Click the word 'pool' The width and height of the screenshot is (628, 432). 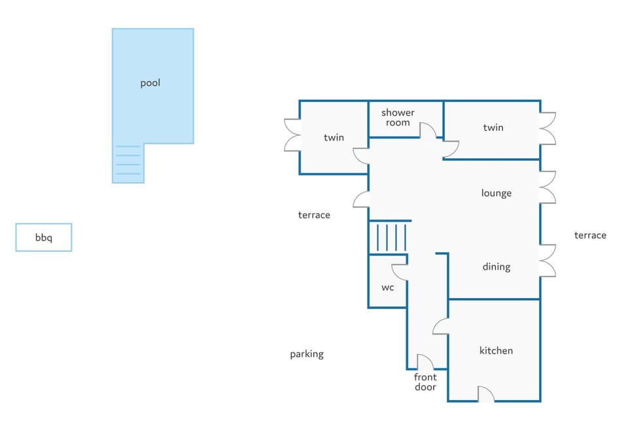click(150, 83)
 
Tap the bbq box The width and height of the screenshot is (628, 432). click(44, 237)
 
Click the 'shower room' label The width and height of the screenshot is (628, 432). click(398, 118)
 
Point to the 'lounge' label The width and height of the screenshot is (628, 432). click(497, 193)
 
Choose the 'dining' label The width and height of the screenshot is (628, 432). click(497, 267)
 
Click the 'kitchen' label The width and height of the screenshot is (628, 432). click(496, 350)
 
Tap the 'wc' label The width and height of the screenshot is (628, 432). click(388, 288)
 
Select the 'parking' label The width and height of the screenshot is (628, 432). click(307, 354)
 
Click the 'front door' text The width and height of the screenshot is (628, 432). click(425, 382)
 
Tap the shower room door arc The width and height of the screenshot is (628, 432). click(428, 131)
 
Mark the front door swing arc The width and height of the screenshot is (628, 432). click(425, 361)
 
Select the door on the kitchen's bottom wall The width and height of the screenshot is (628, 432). click(486, 394)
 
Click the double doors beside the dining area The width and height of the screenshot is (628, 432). click(548, 260)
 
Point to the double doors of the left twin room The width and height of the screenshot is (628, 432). click(292, 135)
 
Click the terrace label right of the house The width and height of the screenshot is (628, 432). click(590, 235)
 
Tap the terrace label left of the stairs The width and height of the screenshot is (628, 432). click(314, 215)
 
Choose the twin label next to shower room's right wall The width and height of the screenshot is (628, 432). click(493, 127)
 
